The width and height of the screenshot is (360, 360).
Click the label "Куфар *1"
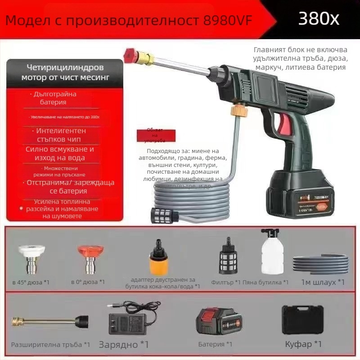coord(303,344)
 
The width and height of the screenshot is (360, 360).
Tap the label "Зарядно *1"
coord(123,345)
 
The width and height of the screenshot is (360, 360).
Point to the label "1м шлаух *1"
coord(323,282)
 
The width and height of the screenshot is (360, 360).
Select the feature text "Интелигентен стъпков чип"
coord(61,135)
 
